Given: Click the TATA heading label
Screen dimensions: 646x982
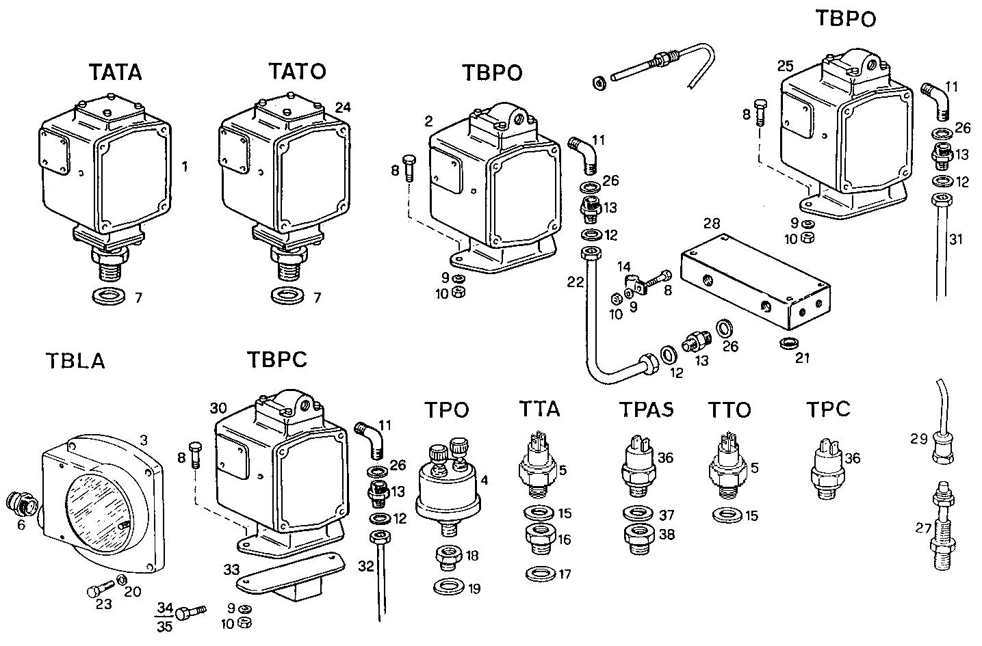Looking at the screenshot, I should [115, 72].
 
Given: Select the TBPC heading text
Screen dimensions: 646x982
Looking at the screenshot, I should [277, 360].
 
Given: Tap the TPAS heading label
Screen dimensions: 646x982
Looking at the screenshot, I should [646, 409].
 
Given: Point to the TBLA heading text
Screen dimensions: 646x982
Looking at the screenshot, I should [75, 360].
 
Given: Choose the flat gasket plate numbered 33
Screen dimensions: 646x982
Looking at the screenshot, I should [289, 573].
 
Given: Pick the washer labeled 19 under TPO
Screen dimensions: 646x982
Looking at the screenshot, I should [448, 587].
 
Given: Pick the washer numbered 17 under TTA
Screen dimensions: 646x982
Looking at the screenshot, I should [541, 574].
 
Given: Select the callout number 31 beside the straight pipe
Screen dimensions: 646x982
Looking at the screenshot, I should [955, 239].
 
